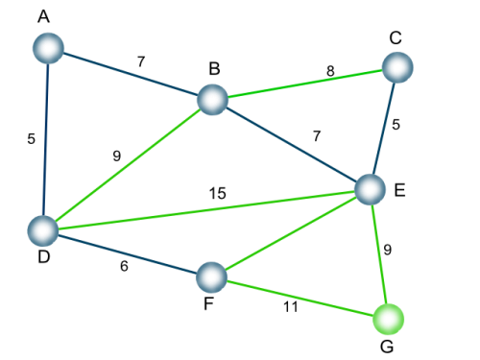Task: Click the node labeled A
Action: pyautogui.click(x=48, y=48)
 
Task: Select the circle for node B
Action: pyautogui.click(x=213, y=100)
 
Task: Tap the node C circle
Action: pyautogui.click(x=397, y=67)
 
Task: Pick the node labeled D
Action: pyautogui.click(x=43, y=230)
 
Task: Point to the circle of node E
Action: pyautogui.click(x=371, y=189)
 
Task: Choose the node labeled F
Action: pyautogui.click(x=211, y=277)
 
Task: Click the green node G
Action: pyautogui.click(x=389, y=319)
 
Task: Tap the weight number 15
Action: pyautogui.click(x=218, y=193)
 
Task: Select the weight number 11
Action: pyautogui.click(x=291, y=307)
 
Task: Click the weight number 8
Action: pyautogui.click(x=330, y=71)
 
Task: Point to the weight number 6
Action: pyautogui.click(x=124, y=266)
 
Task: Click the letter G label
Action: pyautogui.click(x=387, y=347)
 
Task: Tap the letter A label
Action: pyautogui.click(x=43, y=16)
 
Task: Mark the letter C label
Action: pyautogui.click(x=396, y=37)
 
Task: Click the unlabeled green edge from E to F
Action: pyautogui.click(x=291, y=233)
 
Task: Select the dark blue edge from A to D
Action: pyautogui.click(x=46, y=139)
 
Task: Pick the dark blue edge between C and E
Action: pyautogui.click(x=384, y=129)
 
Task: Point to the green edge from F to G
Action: pyautogui.click(x=300, y=299)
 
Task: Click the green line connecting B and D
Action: pyautogui.click(x=128, y=165)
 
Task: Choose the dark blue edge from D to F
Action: pyautogui.click(x=128, y=254)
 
